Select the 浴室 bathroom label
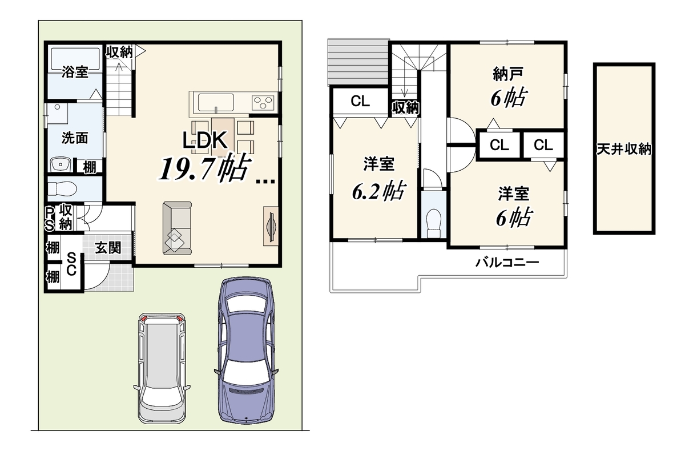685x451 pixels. [x=75, y=71]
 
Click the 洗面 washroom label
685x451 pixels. [x=75, y=138]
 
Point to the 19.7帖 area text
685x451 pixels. [x=204, y=168]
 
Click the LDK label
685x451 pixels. [x=204, y=140]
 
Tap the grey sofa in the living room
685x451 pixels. [x=177, y=228]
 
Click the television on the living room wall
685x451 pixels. [x=271, y=226]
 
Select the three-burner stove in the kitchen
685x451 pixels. [x=263, y=102]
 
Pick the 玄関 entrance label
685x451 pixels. [x=108, y=248]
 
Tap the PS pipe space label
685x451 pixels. [x=50, y=219]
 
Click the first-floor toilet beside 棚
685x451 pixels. [x=62, y=188]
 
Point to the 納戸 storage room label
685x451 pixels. [x=508, y=74]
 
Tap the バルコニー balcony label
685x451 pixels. [x=507, y=263]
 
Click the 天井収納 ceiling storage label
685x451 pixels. [x=624, y=149]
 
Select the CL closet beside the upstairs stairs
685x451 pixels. [x=361, y=101]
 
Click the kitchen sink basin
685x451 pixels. [x=216, y=102]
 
